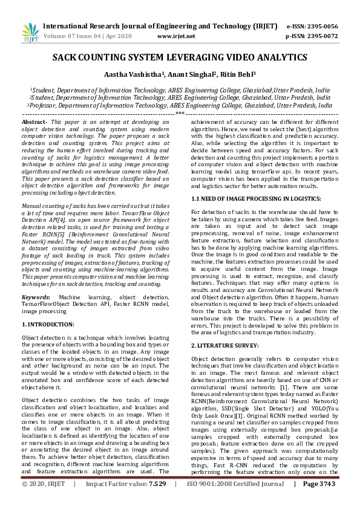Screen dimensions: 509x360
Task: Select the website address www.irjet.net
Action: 175,36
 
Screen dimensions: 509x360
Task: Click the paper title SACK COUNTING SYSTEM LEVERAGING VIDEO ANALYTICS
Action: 180,57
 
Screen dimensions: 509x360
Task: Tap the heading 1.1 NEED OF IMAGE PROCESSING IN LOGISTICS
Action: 256,199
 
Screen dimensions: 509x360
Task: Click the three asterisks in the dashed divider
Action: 180,113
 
